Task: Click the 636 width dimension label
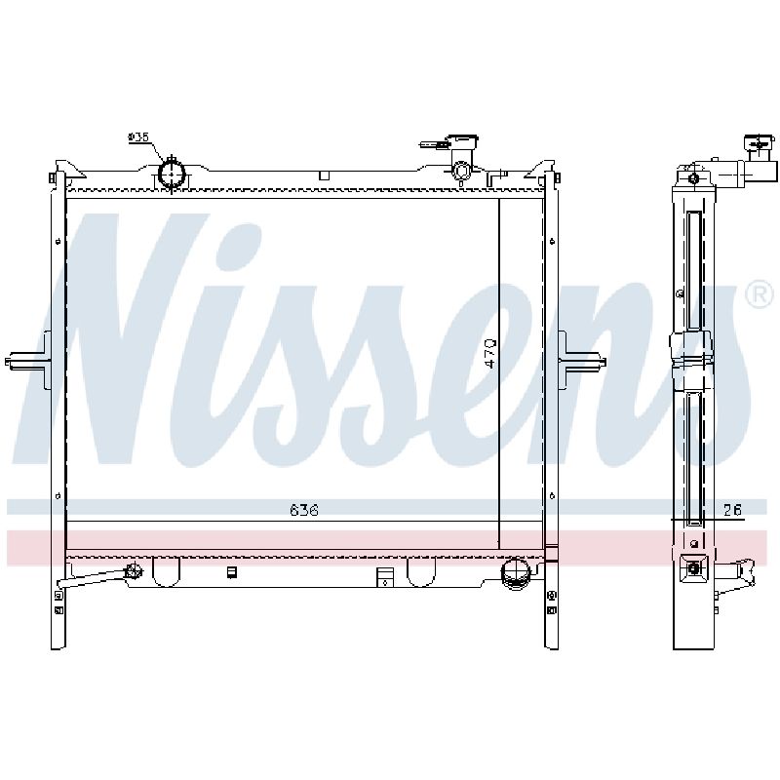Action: (304, 510)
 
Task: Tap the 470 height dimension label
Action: (490, 354)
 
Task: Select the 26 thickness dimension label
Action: (732, 510)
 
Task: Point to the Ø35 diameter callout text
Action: (138, 136)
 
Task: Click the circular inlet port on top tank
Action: (172, 175)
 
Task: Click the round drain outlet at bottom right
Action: (517, 574)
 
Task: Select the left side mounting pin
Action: (28, 360)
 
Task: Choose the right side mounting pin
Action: (582, 360)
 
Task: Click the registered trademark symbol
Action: (760, 295)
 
